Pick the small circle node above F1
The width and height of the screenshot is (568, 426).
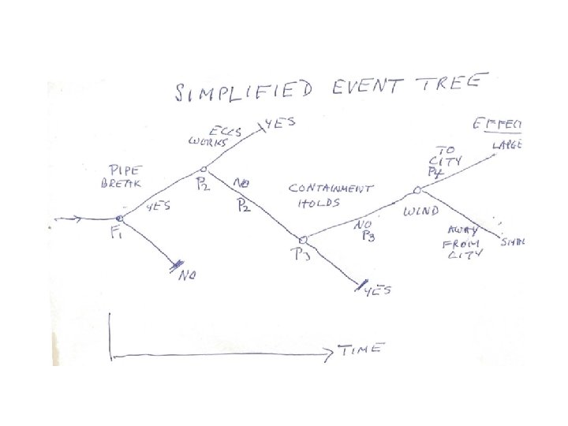click(120, 219)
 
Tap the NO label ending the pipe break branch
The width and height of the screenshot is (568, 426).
click(187, 276)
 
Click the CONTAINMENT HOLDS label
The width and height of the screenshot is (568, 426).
click(331, 195)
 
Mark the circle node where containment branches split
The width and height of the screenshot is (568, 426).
click(303, 239)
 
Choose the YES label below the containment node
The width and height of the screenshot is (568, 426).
click(378, 293)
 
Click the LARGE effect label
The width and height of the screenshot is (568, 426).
click(511, 145)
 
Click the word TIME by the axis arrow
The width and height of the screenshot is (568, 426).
click(361, 349)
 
